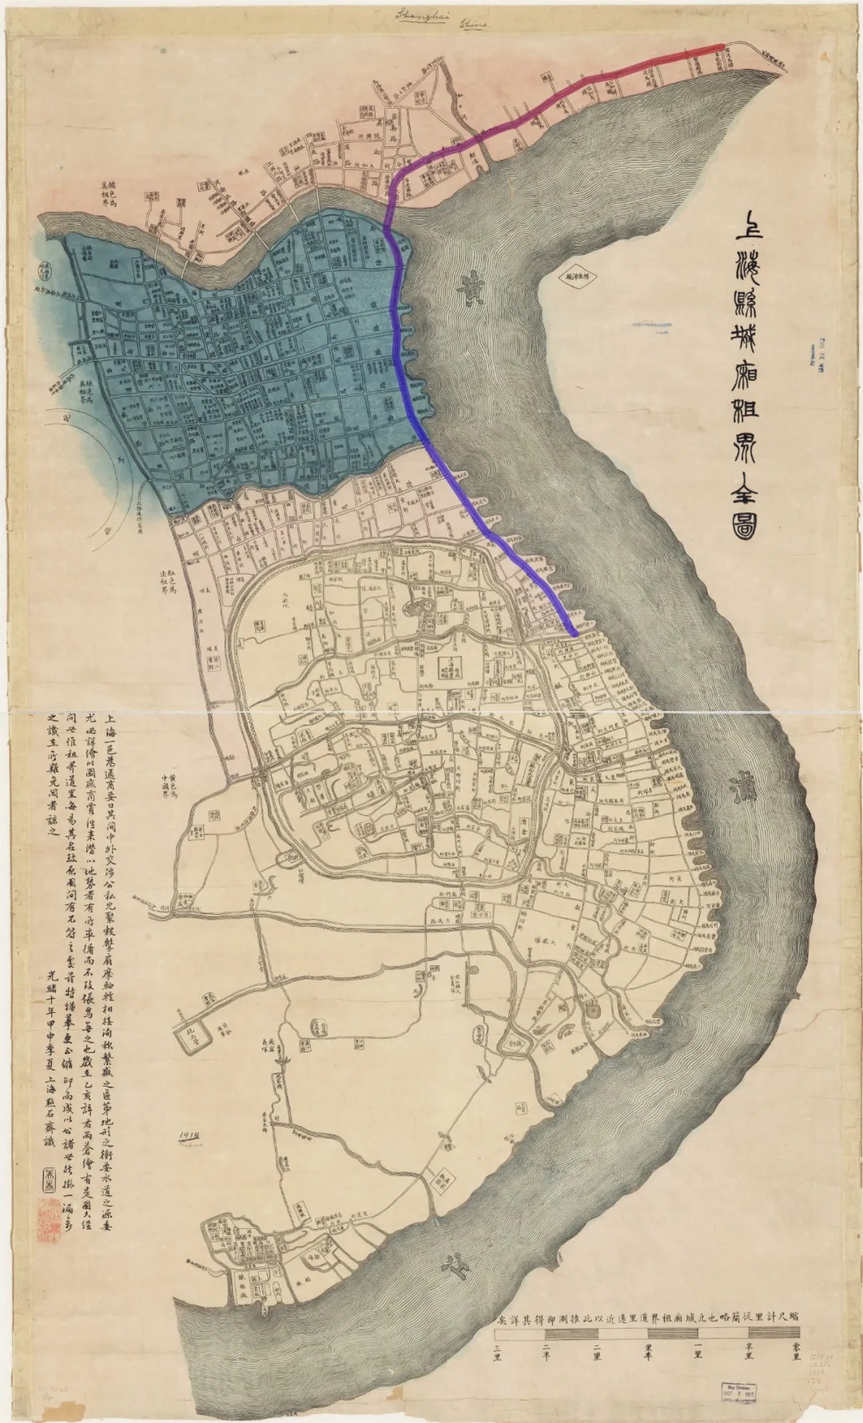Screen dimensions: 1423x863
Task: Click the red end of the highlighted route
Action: pos(719,48)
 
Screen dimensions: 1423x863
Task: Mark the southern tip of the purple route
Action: pos(575,634)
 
